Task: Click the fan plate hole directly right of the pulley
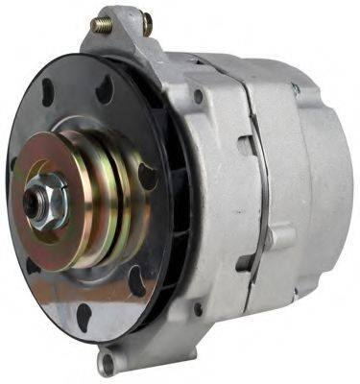(147, 177)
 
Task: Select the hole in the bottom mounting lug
(108, 362)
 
